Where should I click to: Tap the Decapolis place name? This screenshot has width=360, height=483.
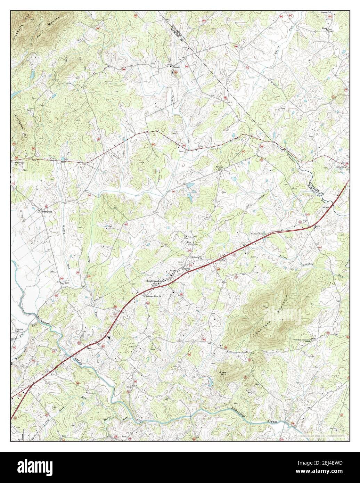(x=47, y=211)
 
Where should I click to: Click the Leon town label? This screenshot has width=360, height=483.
(x=317, y=226)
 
